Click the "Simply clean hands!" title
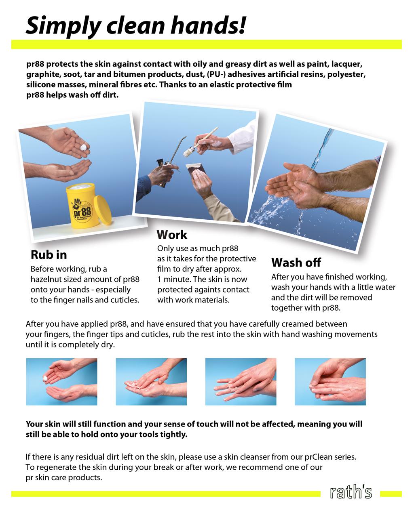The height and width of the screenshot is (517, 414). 136,26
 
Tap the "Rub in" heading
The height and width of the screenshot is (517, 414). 49,255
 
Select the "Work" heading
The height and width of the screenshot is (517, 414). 172,235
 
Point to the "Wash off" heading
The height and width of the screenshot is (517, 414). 296,263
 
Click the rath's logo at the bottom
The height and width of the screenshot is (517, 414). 351,492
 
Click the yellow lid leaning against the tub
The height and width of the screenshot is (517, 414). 103,210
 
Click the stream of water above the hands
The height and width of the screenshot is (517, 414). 322,149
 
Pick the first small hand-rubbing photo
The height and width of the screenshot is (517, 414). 61,382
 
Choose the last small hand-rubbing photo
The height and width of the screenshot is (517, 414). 330,382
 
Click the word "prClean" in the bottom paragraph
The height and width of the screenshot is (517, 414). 320,457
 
